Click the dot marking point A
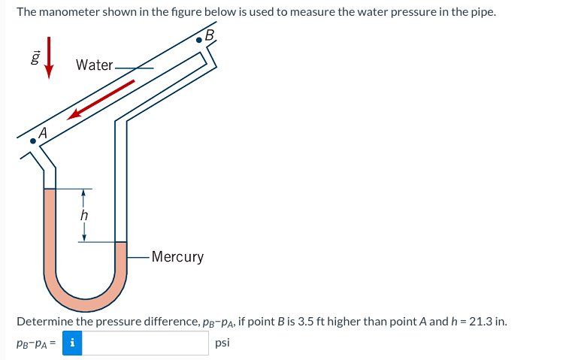[32, 141]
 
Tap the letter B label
[210, 35]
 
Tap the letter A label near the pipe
[43, 132]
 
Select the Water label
[94, 65]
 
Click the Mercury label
[177, 257]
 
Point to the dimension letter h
[84, 215]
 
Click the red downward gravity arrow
[49, 56]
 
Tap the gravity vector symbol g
[34, 57]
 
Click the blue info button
[72, 343]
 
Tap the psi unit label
[222, 343]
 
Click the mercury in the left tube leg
[50, 225]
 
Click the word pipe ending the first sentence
[481, 13]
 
